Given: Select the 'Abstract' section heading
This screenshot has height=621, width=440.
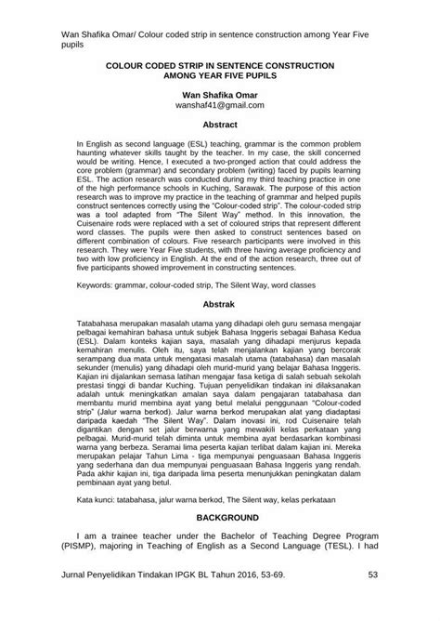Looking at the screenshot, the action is pos(220,124).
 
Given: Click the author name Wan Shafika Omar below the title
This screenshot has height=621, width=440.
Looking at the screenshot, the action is pos(220,94).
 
